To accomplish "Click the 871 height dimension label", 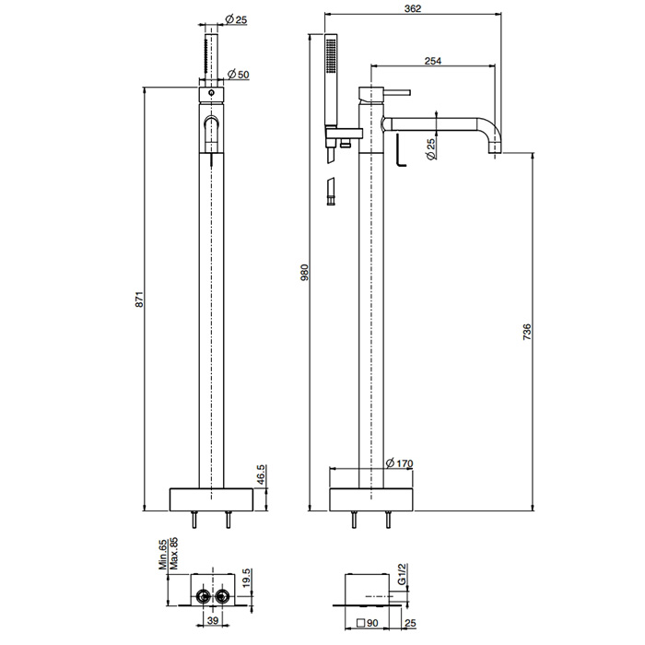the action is click(139, 299).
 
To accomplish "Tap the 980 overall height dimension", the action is click(304, 273).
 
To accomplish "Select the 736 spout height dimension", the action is click(526, 333).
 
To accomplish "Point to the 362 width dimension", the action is click(413, 8).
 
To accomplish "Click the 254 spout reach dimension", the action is click(433, 61).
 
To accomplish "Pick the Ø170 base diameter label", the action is click(399, 463).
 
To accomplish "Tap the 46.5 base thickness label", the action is click(261, 475).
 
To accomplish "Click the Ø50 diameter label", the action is click(239, 75).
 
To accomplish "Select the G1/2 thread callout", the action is click(402, 573).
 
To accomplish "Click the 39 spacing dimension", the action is click(213, 621).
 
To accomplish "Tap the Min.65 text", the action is click(163, 555).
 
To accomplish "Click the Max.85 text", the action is click(173, 553).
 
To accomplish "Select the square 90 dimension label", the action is click(368, 623).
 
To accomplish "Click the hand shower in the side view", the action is click(331, 80).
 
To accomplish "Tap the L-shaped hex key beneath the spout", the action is click(401, 149).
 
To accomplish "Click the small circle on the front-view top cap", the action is click(211, 93).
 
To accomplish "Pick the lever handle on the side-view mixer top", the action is click(397, 92).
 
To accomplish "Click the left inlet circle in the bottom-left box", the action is click(203, 595).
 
